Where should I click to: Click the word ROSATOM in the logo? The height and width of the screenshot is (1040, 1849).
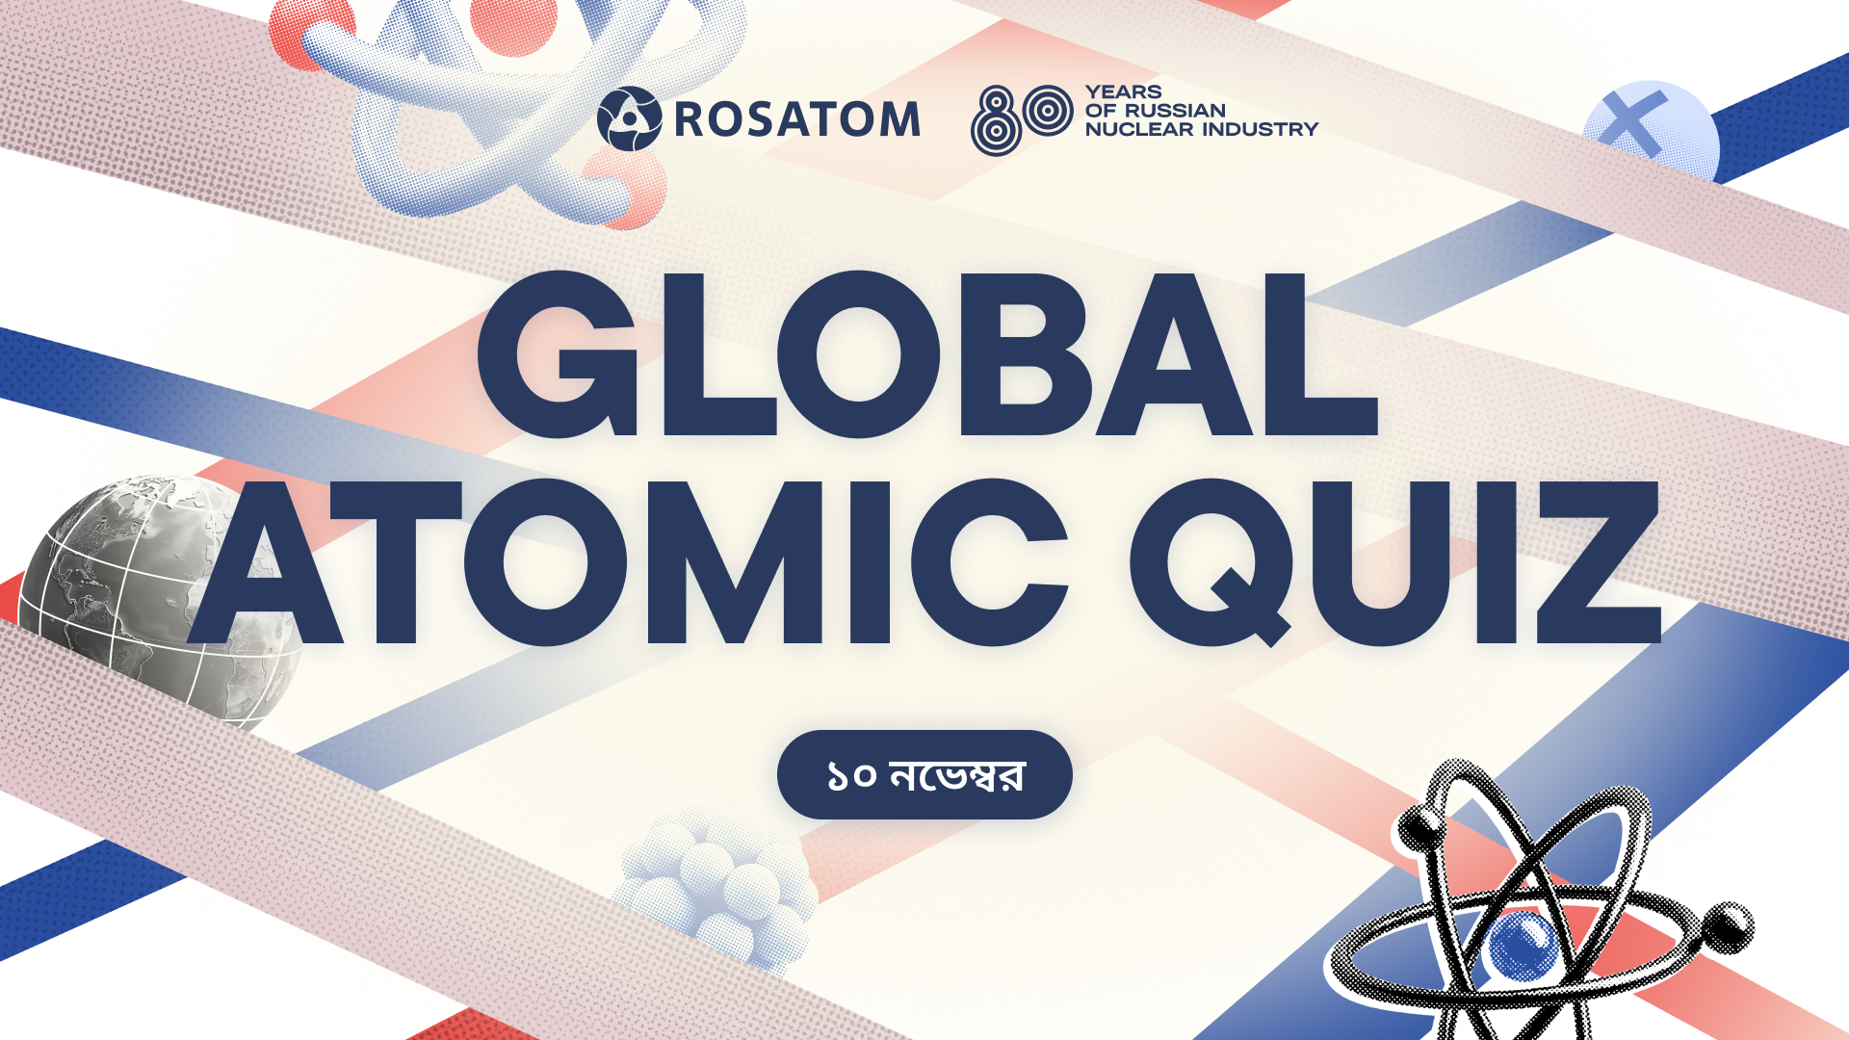coord(797,119)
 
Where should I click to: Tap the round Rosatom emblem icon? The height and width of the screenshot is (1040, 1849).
coord(629,118)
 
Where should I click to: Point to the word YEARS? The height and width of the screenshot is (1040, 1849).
coord(1124,92)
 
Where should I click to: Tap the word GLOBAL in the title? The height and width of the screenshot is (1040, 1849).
coord(927,354)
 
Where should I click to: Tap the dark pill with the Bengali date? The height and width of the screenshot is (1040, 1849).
coord(924,774)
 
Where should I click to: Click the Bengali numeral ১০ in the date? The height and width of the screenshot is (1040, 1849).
coord(851,775)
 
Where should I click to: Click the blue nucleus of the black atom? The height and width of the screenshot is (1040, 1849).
coord(1523,945)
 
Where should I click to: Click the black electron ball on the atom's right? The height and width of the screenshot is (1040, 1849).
coord(1730,927)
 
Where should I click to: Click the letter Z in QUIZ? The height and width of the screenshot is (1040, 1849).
coord(1599,562)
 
